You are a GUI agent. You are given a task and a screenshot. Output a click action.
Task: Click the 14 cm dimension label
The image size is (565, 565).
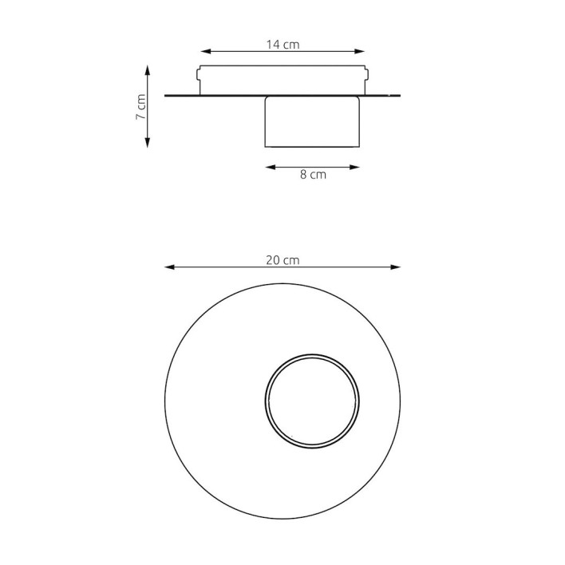click(x=282, y=45)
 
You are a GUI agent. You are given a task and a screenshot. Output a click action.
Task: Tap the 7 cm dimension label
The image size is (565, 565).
click(x=141, y=107)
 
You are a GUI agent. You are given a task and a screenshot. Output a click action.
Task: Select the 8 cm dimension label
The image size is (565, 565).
click(x=313, y=175)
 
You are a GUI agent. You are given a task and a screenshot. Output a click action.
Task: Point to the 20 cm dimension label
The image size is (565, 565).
click(x=282, y=260)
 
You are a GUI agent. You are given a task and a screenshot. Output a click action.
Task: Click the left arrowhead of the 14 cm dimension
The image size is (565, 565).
click(x=205, y=52)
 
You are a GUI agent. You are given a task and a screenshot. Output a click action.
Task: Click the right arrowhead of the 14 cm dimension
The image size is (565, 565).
click(x=360, y=52)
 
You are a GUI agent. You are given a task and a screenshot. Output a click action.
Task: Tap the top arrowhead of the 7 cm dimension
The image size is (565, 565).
click(x=147, y=70)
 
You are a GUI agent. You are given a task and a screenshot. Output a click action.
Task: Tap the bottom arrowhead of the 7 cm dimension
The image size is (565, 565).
click(x=147, y=143)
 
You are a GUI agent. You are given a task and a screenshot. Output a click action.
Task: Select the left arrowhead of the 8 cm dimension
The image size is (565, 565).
click(x=271, y=167)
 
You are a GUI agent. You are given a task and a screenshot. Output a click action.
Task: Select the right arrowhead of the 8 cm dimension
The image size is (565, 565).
click(x=354, y=167)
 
